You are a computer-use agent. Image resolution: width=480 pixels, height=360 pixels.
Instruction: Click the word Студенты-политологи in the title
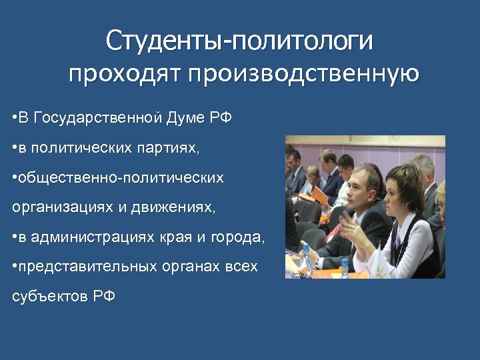pyautogui.click(x=239, y=41)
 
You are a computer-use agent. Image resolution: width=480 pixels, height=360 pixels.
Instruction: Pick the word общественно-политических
pyautogui.click(x=121, y=177)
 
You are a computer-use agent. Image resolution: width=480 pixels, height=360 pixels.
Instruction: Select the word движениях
pyautogui.click(x=179, y=207)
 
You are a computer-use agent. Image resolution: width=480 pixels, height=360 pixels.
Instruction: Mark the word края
pyautogui.click(x=175, y=237)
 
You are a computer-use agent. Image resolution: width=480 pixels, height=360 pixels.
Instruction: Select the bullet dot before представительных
pyautogui.click(x=14, y=267)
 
